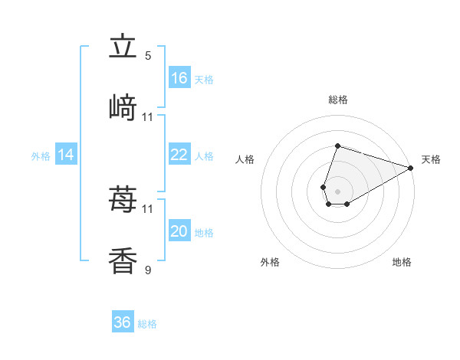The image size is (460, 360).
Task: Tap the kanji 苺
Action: click(123, 200)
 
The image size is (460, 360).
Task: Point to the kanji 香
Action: click(123, 260)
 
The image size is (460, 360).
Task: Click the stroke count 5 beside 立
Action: click(148, 56)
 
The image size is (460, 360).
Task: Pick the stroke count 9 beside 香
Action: click(148, 270)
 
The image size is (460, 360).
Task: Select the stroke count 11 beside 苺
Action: click(148, 208)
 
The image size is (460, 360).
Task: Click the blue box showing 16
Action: click(179, 78)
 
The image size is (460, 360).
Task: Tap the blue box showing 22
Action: click(179, 155)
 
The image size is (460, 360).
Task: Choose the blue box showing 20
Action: click(179, 231)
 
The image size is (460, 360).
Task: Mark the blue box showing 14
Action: click(66, 155)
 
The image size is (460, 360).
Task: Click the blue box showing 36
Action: click(123, 322)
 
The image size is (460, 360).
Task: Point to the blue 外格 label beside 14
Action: click(41, 155)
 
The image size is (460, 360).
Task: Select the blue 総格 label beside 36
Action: click(147, 324)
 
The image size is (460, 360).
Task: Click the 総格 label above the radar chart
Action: click(337, 100)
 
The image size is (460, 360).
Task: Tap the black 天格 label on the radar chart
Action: click(431, 159)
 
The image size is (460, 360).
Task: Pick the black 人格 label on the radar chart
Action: click(245, 159)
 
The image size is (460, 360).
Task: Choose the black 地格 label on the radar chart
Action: click(402, 262)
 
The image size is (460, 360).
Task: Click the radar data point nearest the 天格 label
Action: click(410, 167)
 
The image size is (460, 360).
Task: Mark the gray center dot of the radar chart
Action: click(337, 190)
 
